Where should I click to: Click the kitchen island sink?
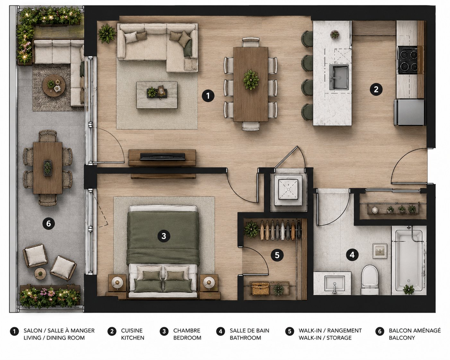coord(339,77)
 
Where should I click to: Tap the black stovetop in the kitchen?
coord(408,60)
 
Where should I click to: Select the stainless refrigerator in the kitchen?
coord(409,112)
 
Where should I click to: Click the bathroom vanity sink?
coord(334,283)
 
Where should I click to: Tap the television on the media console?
coord(162,157)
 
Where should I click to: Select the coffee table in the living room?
coord(157,95)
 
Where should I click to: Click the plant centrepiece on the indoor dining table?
coord(251,80)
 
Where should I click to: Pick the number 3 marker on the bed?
coord(164,236)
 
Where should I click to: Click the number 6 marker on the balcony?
coord(48,224)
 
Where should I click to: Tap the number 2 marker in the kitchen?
coord(376,90)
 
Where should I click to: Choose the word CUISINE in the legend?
coord(132,330)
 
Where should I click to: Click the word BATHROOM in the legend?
coord(245,338)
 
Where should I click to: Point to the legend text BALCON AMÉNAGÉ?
coord(415,330)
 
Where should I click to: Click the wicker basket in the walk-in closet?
coord(261,288)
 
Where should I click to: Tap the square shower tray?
coord(288,190)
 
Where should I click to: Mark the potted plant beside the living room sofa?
coord(107,33)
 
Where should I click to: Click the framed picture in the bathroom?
coord(379,251)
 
